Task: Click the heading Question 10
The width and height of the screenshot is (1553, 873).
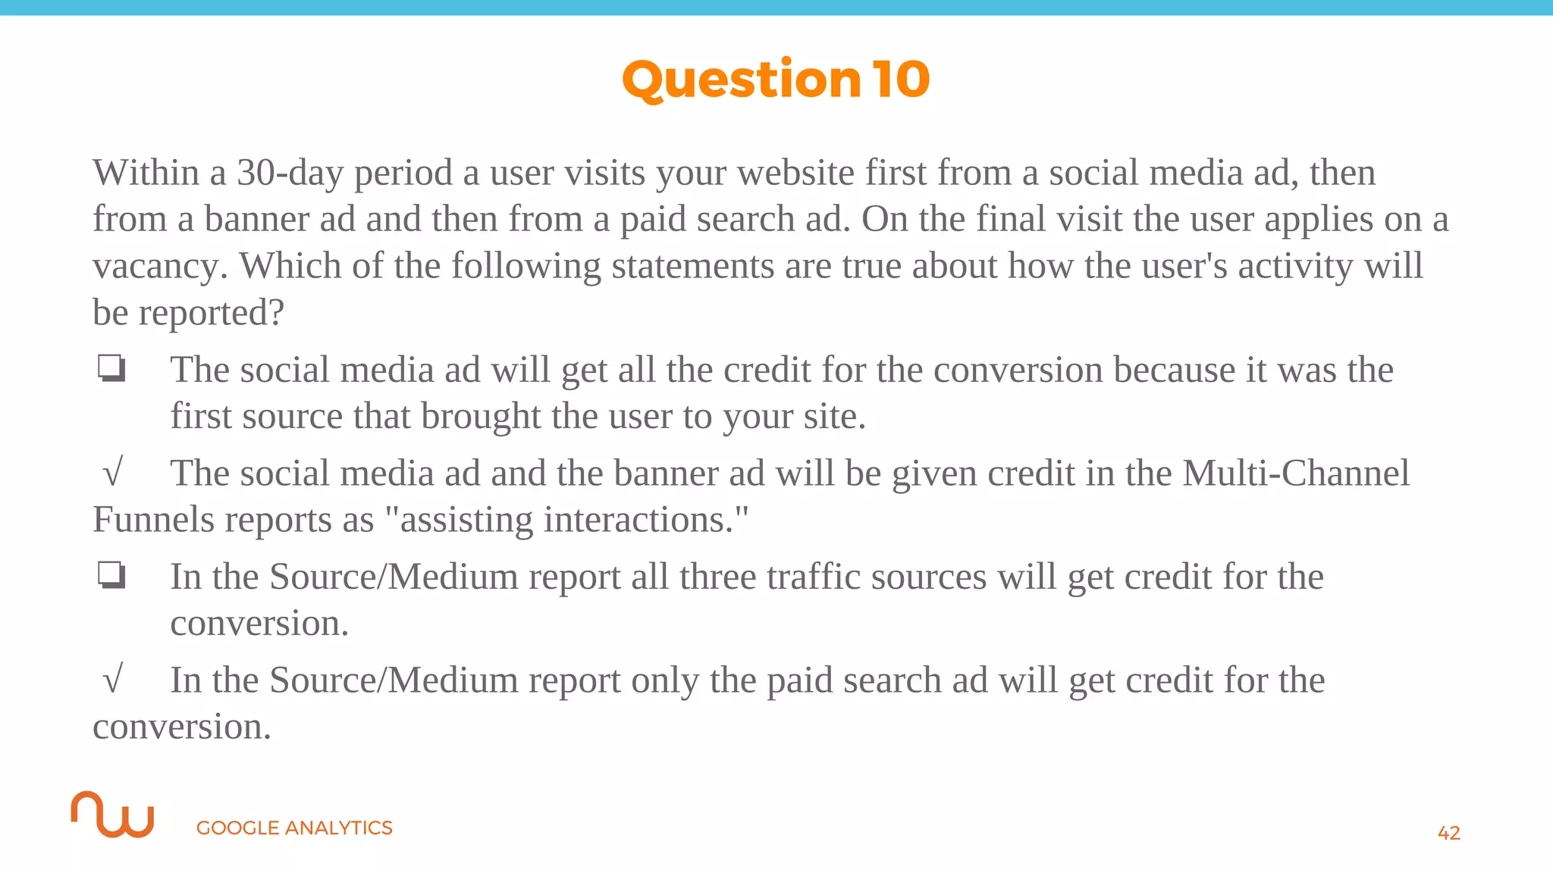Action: click(776, 80)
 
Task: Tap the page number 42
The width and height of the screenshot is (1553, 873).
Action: click(1448, 833)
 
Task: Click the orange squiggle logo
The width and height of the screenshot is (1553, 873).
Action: click(113, 815)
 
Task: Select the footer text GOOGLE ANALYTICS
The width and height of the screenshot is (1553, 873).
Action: click(294, 828)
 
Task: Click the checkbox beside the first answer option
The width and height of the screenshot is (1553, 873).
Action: click(111, 369)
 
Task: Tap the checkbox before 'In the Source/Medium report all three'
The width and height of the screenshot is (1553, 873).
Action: click(111, 576)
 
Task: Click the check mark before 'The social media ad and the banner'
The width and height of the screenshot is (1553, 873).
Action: click(112, 474)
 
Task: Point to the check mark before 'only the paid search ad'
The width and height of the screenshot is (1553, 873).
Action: click(112, 680)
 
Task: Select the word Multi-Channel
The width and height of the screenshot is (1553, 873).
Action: click(1296, 474)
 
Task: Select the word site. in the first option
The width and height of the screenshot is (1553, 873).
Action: click(834, 416)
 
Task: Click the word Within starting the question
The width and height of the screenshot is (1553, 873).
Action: click(146, 173)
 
